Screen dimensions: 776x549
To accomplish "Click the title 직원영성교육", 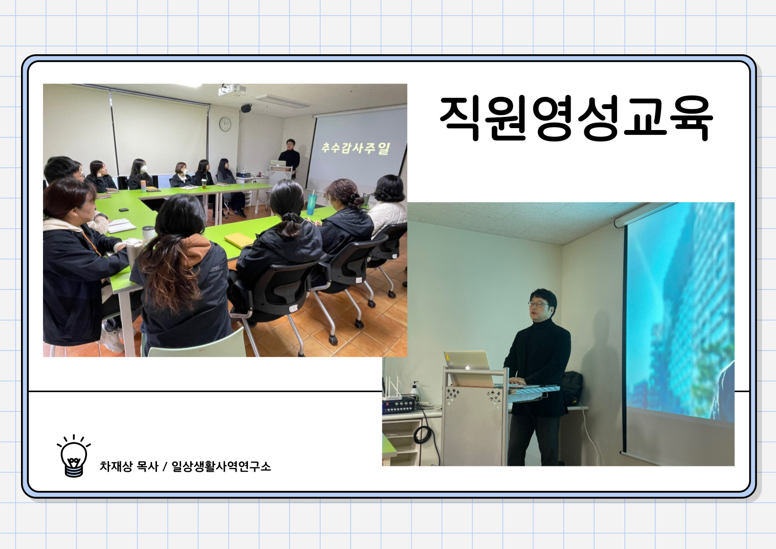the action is (576, 118).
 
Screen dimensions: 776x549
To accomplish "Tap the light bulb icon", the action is (73, 456).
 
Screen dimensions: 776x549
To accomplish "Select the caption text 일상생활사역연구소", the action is (221, 466).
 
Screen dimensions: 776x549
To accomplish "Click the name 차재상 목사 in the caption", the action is (129, 466).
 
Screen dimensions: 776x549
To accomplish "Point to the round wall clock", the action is (224, 124).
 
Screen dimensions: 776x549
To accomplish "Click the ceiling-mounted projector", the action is (232, 90).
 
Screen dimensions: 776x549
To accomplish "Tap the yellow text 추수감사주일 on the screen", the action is (356, 148).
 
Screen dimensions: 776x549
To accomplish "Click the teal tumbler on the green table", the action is (311, 204).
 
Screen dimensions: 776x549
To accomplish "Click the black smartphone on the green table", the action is (124, 209).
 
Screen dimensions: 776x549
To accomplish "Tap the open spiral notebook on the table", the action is (121, 225).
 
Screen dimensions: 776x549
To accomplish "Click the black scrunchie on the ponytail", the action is (290, 217).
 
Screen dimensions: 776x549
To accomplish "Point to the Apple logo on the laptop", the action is (467, 367).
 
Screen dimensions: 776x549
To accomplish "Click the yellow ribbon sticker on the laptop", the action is (448, 356).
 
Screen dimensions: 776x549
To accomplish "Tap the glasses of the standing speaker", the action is (538, 304).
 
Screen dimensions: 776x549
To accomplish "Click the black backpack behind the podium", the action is (571, 388).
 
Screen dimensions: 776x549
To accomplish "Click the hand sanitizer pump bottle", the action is (415, 390).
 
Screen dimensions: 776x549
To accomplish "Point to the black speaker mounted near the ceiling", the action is (246, 108).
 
